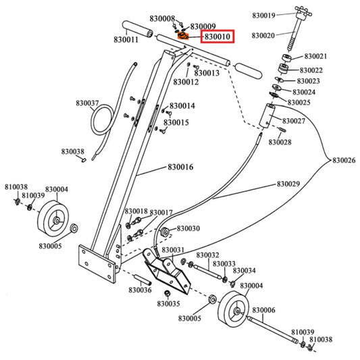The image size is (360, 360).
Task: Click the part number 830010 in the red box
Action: [x=217, y=36]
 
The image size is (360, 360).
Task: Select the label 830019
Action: [x=263, y=15]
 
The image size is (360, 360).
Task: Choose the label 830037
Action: [x=87, y=103]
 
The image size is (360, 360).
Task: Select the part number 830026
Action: [x=344, y=160]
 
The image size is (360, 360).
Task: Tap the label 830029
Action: [x=288, y=184]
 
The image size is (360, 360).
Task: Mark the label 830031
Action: [x=172, y=250]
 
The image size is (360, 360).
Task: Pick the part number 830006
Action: [x=264, y=310]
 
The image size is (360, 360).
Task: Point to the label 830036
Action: [x=140, y=290]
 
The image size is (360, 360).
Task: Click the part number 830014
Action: [x=182, y=106]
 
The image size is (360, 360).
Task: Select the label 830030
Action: [x=188, y=229]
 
